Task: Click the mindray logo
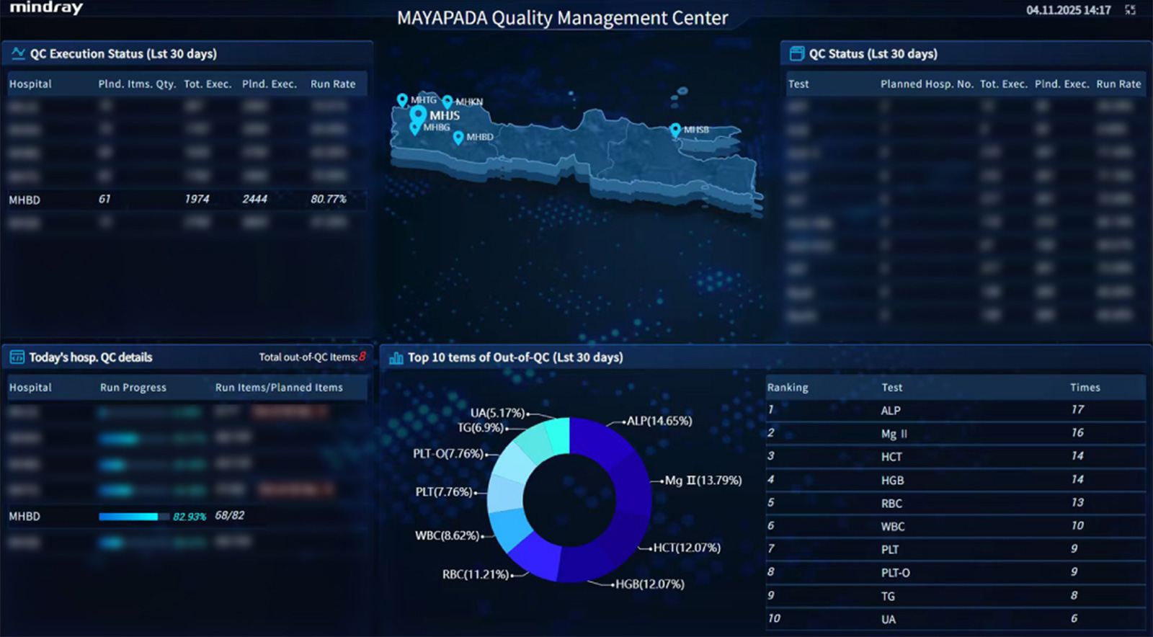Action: (x=46, y=8)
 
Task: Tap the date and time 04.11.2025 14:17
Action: (x=1068, y=10)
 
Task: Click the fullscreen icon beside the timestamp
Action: (x=1130, y=10)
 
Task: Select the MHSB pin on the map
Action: (x=675, y=130)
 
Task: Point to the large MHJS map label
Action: (x=445, y=115)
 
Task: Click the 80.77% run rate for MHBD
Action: (x=329, y=199)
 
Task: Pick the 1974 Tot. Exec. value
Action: (x=197, y=199)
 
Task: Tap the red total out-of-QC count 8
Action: (x=362, y=356)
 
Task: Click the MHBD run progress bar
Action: (x=128, y=516)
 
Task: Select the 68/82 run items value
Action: (x=229, y=516)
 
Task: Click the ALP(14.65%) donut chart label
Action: (x=659, y=421)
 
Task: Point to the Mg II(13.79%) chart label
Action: (x=703, y=480)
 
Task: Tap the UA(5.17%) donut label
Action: (x=497, y=413)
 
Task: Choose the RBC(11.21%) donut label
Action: (x=476, y=574)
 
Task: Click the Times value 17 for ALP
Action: (x=1077, y=409)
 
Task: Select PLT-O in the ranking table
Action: (x=895, y=573)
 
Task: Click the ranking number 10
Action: (x=774, y=618)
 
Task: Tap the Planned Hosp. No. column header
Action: (x=927, y=84)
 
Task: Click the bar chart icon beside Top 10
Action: (x=396, y=357)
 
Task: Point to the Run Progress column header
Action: (x=133, y=388)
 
